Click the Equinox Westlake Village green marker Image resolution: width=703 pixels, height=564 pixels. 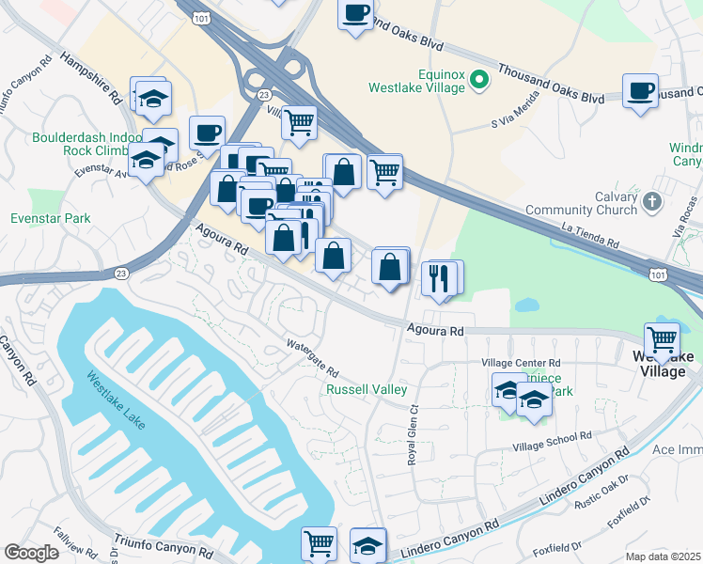coord(479,79)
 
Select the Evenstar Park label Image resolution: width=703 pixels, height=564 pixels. coord(50,218)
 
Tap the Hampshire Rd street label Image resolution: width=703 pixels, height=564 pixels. coord(92,76)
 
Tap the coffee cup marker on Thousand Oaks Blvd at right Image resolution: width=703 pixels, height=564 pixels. coord(640,91)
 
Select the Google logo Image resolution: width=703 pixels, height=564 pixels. coord(31,553)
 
